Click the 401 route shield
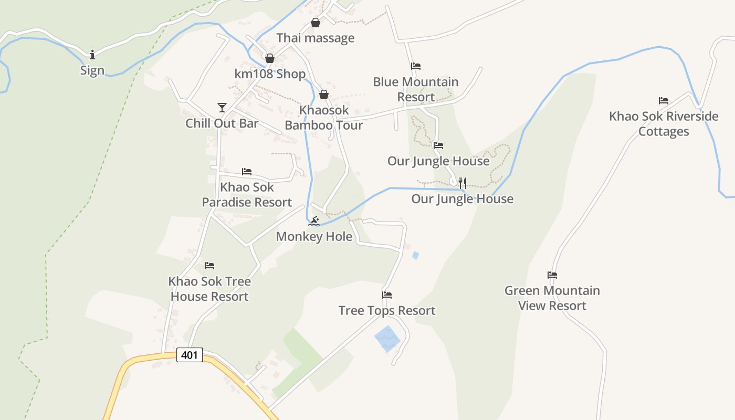[189, 355]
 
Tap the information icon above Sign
[92, 55]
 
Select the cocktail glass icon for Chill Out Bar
[222, 108]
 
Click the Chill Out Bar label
[222, 123]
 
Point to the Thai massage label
[315, 38]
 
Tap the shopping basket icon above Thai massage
[316, 23]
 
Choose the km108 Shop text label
[270, 74]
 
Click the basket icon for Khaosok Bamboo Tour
[324, 94]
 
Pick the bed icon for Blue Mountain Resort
[416, 66]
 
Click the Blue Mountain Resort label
[416, 89]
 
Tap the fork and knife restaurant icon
[463, 183]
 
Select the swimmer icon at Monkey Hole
[314, 221]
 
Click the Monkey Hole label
[314, 237]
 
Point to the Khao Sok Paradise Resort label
[247, 195]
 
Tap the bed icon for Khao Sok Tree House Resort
[209, 266]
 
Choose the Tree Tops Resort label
[387, 310]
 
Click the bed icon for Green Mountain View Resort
[552, 275]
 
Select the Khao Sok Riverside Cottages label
[664, 123]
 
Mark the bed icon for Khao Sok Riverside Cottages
[664, 101]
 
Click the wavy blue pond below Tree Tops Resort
[387, 339]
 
